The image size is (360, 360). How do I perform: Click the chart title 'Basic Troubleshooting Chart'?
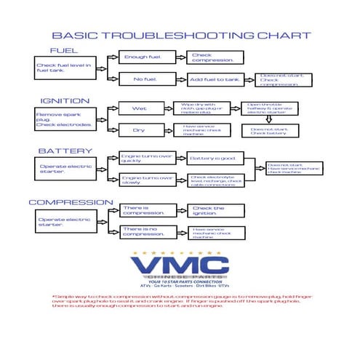[182, 35]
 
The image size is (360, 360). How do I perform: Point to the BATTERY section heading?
[65, 151]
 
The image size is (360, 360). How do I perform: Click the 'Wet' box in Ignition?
[139, 108]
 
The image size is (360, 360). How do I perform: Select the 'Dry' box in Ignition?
[139, 130]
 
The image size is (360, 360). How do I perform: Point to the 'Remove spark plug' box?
[65, 119]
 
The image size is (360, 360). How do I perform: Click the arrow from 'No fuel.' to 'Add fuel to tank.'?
[181, 79]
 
